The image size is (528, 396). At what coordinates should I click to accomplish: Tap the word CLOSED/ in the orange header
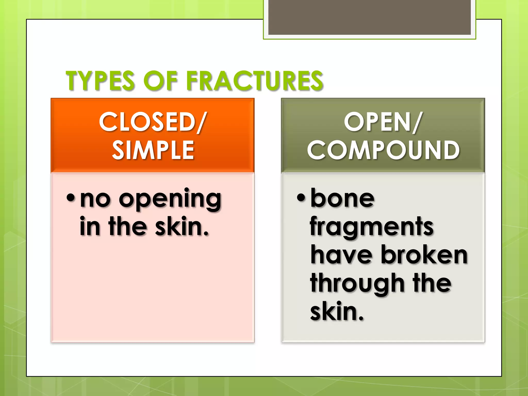point(152,122)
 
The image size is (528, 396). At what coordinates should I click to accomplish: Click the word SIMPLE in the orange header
point(153,150)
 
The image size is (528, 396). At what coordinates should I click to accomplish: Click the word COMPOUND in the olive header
point(383,150)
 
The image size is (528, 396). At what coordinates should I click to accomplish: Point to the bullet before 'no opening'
point(70,198)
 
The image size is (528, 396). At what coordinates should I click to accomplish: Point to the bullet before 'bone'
point(301,198)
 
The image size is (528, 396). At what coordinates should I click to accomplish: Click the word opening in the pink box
point(170,200)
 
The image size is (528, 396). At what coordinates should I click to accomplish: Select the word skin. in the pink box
point(181,226)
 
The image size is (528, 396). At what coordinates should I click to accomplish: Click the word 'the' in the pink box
point(128,226)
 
